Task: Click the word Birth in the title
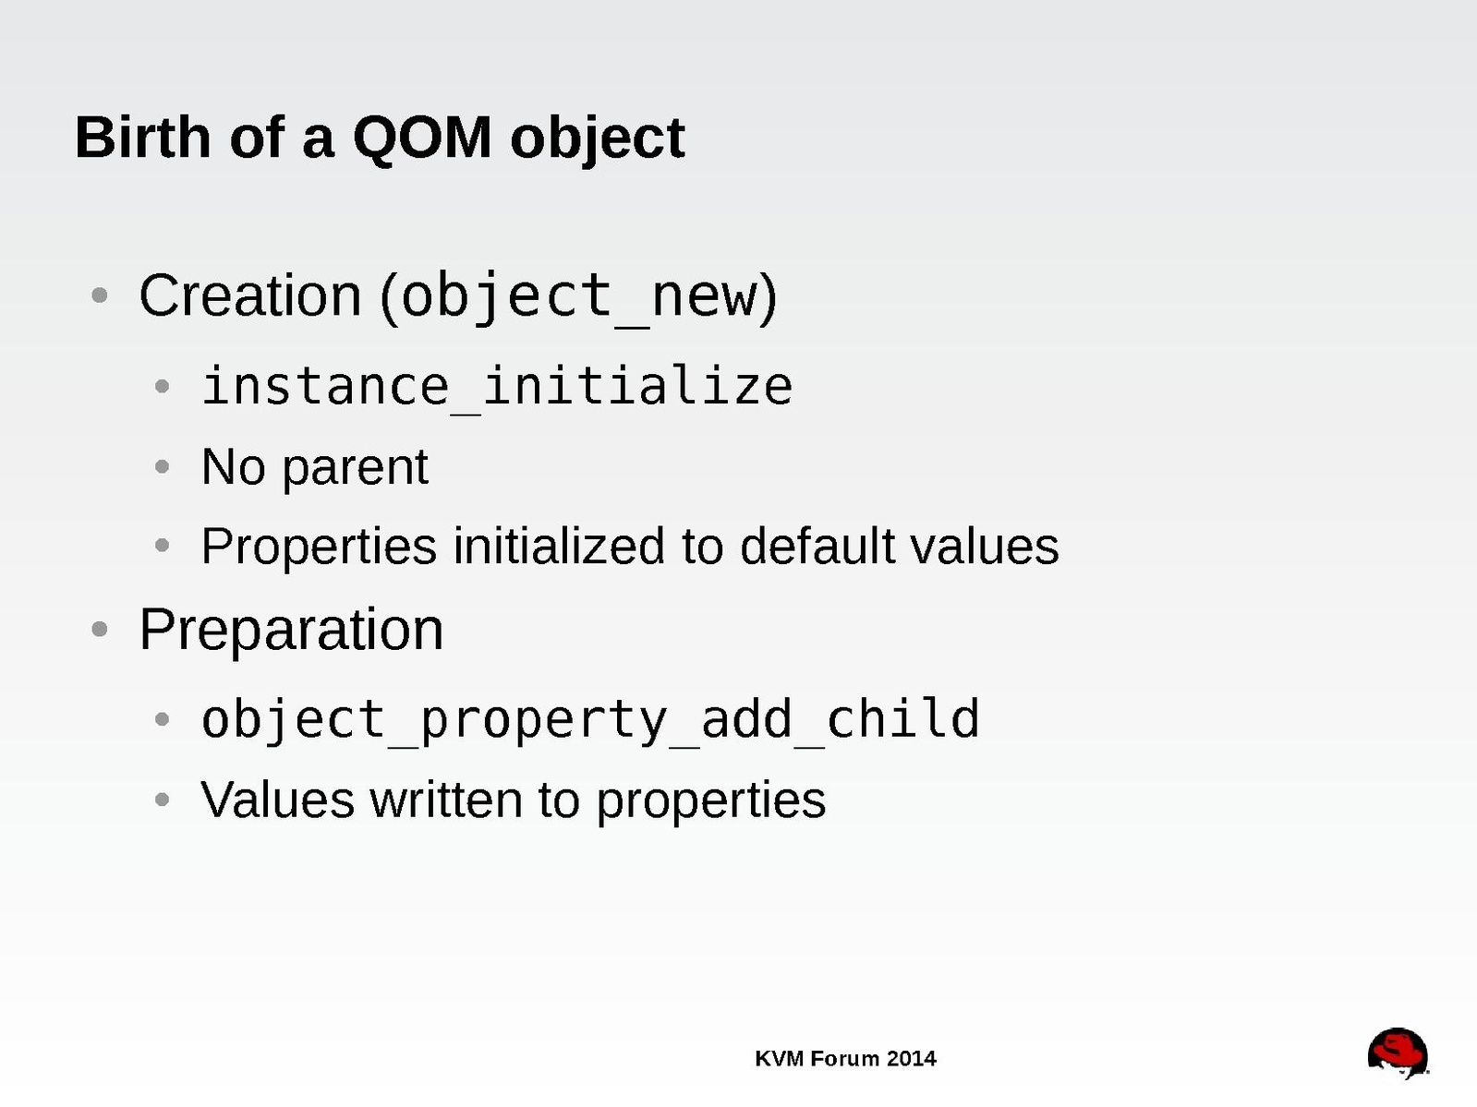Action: click(142, 138)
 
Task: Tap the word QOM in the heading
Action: click(422, 138)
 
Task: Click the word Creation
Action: click(250, 295)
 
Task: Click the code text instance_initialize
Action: click(497, 387)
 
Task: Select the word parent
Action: click(355, 469)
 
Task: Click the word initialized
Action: click(559, 546)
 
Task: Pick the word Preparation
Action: click(291, 632)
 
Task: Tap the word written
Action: click(446, 800)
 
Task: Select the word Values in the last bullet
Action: click(277, 800)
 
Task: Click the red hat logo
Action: click(1398, 1053)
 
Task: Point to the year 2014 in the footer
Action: click(911, 1059)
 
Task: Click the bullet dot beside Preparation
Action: click(100, 630)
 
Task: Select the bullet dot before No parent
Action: click(162, 467)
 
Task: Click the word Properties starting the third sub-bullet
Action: click(319, 547)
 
